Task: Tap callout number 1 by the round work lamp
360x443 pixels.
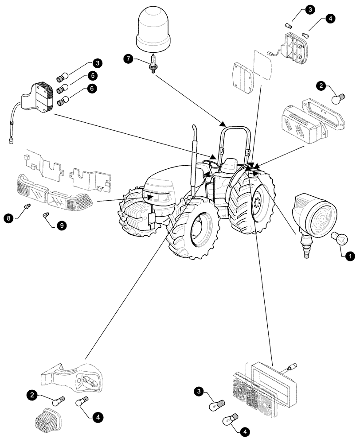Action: pos(350,256)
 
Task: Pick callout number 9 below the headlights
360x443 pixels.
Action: pos(61,226)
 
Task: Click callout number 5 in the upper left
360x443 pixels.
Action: pos(93,76)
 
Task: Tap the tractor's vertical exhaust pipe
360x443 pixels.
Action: pos(194,164)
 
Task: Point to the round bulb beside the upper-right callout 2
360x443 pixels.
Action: pos(340,95)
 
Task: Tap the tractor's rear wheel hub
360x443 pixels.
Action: pos(254,205)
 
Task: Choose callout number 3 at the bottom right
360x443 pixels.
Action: pos(200,391)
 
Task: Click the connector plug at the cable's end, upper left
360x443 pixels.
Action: pos(11,141)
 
